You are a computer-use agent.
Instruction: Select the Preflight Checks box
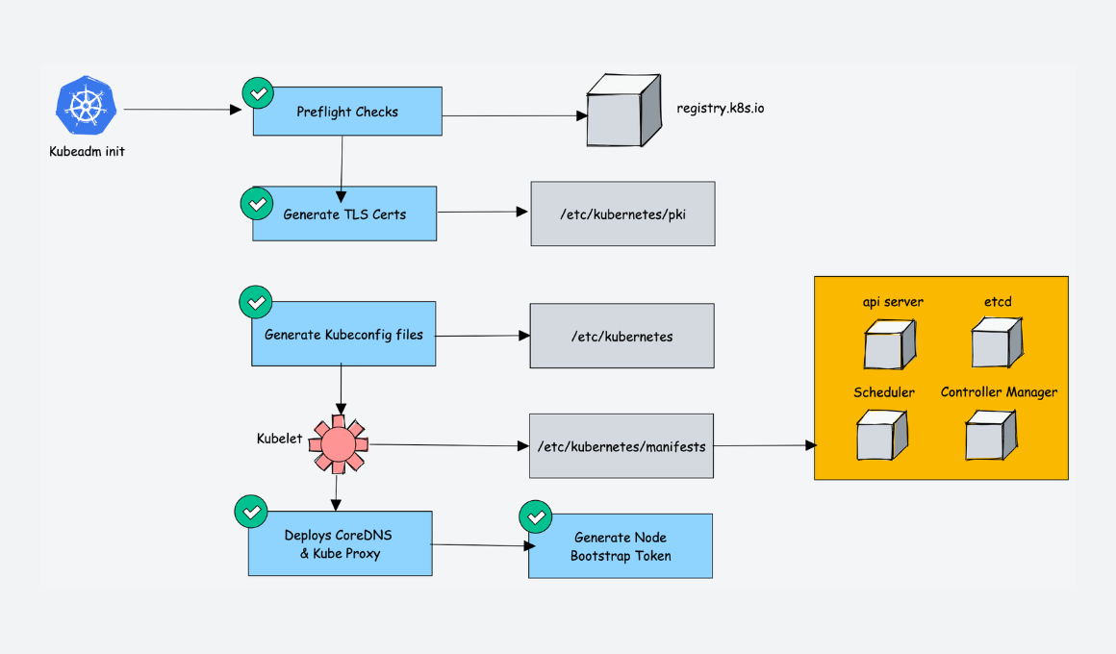click(x=347, y=112)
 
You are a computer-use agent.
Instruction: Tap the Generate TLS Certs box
click(x=344, y=214)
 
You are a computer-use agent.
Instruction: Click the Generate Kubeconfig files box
click(x=343, y=335)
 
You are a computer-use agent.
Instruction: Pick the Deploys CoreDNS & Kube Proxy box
click(x=340, y=544)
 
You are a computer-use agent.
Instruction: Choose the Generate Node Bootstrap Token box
click(x=621, y=546)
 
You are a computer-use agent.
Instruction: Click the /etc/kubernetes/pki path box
click(x=622, y=214)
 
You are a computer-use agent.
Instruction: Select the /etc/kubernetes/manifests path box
click(x=621, y=446)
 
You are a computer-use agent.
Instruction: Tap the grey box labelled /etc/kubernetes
click(x=621, y=337)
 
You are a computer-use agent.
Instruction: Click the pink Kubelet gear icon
click(x=338, y=444)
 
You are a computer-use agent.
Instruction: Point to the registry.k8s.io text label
click(x=721, y=109)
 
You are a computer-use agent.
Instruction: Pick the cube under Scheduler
click(x=882, y=435)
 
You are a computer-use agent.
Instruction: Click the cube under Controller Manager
click(x=990, y=436)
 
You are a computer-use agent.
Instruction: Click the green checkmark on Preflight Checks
click(x=256, y=93)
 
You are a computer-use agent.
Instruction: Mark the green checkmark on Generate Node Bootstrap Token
click(x=534, y=516)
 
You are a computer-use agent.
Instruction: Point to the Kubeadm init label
click(x=87, y=151)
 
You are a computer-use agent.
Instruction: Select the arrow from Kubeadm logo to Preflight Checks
click(x=183, y=110)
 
